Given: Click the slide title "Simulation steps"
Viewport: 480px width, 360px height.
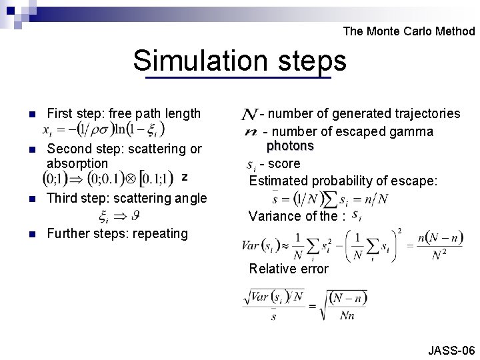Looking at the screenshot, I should tap(239, 61).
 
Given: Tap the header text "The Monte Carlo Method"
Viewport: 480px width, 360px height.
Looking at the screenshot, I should tap(409, 31).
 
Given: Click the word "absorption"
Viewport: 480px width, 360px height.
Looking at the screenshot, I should tap(77, 163).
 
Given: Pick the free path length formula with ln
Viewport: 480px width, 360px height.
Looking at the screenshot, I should tap(103, 129).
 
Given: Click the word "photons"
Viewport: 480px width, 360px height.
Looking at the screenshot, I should tap(290, 146).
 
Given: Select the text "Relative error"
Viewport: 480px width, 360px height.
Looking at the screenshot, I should tap(289, 269).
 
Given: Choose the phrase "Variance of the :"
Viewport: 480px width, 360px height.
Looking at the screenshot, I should tap(297, 216).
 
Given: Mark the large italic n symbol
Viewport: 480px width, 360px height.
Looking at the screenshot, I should tap(251, 131).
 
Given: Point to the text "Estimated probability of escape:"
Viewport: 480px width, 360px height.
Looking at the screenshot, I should tap(343, 180).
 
